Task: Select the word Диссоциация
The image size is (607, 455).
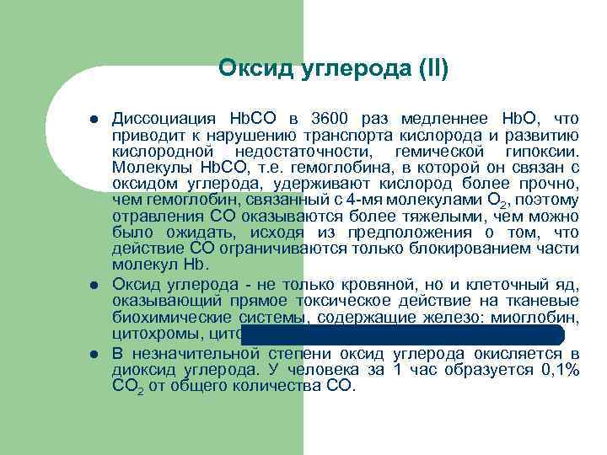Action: coord(160,118)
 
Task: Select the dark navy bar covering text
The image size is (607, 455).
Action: coord(409,333)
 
